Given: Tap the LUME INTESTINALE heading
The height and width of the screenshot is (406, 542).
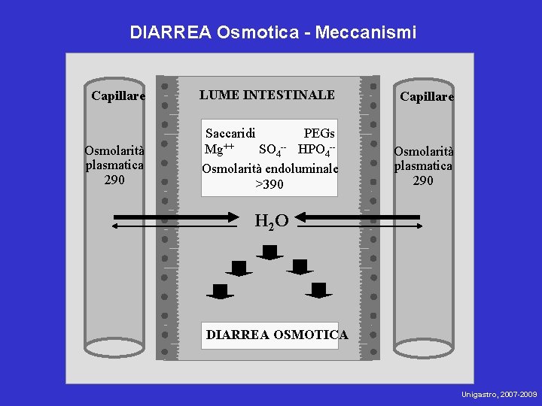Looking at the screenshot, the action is click(267, 95).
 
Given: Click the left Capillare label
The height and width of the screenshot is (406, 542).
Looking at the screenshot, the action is click(118, 95).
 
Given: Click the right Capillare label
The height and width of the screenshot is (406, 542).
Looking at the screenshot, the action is click(427, 97).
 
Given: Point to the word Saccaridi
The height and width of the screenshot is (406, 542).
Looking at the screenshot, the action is click(230, 133).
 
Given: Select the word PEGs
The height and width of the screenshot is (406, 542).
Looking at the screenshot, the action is click(319, 133).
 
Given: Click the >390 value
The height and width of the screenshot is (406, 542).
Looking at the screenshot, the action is click(269, 185).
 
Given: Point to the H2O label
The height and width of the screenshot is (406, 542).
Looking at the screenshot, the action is click(272, 221).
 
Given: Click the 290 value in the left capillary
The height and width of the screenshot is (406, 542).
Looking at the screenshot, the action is click(114, 180).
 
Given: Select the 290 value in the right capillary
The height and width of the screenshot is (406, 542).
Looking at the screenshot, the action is click(423, 180).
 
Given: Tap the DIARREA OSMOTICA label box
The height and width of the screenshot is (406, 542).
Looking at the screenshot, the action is click(277, 335).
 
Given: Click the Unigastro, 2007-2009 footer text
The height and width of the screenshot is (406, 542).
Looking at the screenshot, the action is click(499, 394).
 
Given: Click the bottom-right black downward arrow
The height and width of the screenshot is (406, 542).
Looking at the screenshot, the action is click(318, 291).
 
